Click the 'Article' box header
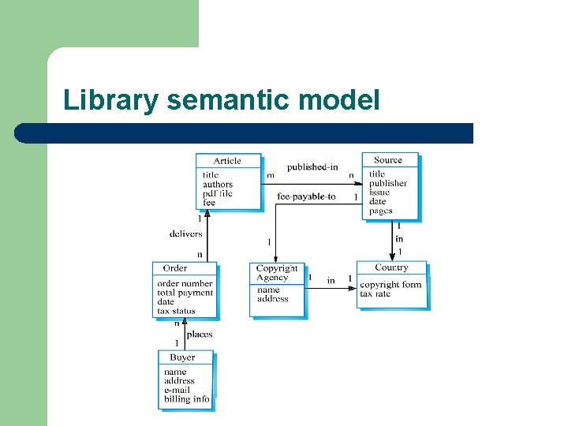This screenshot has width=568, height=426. [x=227, y=161]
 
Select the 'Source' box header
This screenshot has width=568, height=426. [x=388, y=160]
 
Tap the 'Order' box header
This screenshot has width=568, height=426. [x=175, y=268]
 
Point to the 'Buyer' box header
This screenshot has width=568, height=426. [x=182, y=357]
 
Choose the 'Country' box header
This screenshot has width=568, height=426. [x=391, y=268]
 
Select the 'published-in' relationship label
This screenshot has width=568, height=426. [x=312, y=167]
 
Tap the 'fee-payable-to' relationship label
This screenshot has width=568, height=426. [x=306, y=196]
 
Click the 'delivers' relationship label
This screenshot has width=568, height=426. [x=186, y=234]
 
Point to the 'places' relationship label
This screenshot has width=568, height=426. [x=200, y=334]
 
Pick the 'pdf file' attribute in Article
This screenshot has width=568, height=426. [x=218, y=194]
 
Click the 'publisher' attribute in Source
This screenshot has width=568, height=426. [x=388, y=183]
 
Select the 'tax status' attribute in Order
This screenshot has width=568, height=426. [x=176, y=311]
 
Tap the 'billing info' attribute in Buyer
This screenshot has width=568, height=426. [x=187, y=399]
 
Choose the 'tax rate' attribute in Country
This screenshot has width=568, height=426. [x=376, y=294]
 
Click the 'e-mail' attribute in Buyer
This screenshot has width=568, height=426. [x=177, y=390]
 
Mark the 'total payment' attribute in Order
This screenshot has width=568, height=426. [x=185, y=293]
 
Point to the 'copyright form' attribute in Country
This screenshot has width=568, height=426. [x=390, y=285]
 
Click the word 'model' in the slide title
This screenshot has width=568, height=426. [x=342, y=101]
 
